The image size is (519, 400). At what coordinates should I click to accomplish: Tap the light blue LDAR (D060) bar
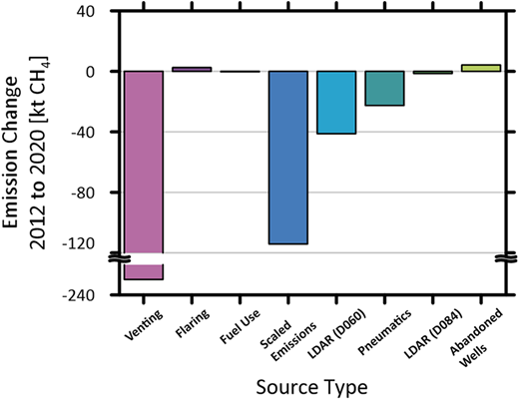336,102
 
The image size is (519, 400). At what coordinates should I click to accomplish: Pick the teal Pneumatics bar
384,89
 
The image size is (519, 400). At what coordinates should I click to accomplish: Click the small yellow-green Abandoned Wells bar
481,68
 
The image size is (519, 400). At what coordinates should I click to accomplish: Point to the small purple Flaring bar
191,69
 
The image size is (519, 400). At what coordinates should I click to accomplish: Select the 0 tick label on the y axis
101,72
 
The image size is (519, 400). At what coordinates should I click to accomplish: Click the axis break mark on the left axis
118,259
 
